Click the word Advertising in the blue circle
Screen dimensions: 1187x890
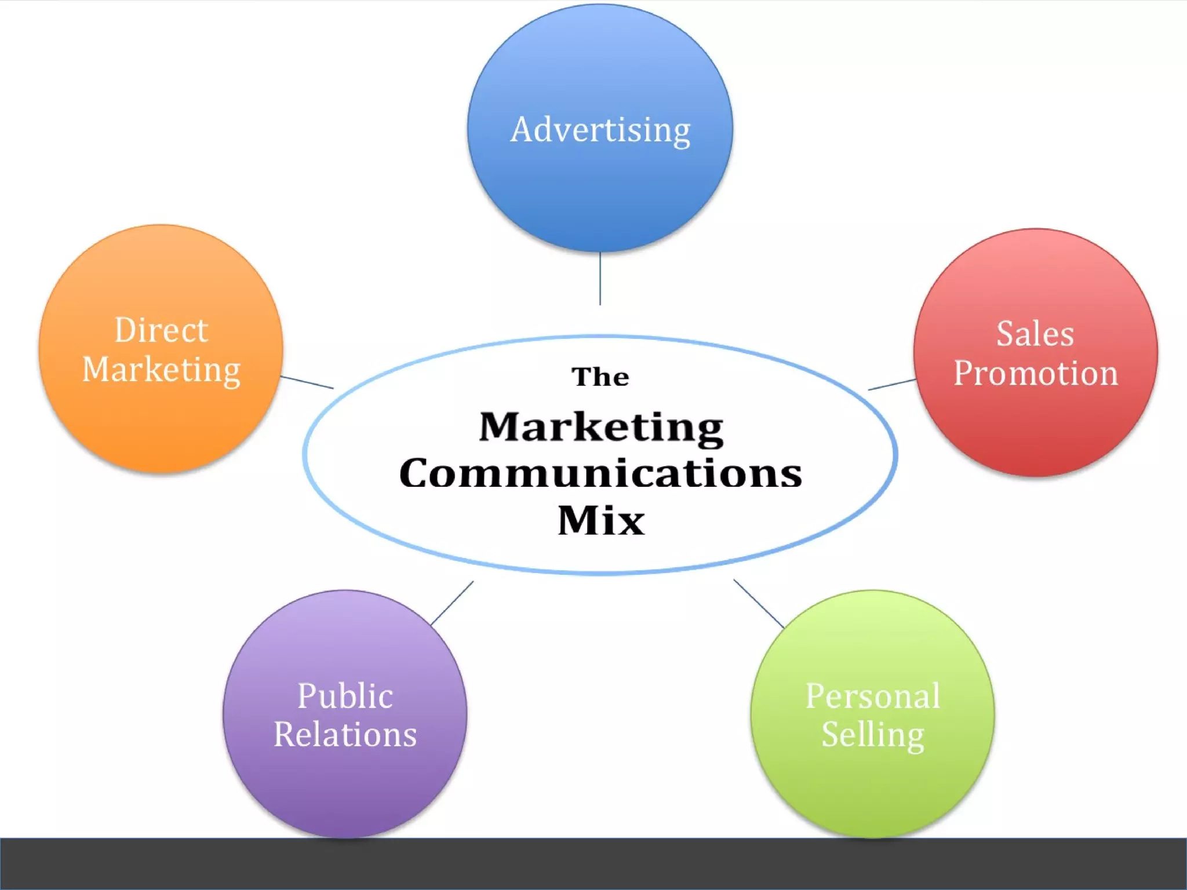tap(600, 130)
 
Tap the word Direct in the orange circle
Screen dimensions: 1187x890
tap(161, 330)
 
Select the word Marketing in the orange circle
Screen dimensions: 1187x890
tap(161, 370)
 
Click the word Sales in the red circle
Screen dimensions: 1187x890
tap(1035, 334)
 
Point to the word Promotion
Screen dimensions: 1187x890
tap(1036, 373)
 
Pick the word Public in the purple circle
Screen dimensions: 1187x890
tap(345, 695)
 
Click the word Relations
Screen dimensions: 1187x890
tap(345, 735)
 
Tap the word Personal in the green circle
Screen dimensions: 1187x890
tap(873, 695)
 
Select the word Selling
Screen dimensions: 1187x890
tap(873, 735)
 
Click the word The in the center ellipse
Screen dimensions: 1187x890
tap(600, 377)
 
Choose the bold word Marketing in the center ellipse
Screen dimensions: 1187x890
tap(601, 428)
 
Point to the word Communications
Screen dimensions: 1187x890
tap(600, 473)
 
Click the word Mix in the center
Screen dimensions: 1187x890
tap(601, 520)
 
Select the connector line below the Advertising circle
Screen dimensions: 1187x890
tap(600, 278)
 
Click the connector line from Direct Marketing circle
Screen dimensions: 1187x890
tap(307, 382)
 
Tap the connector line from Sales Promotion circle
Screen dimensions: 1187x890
tap(892, 385)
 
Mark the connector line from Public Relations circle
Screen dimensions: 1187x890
tap(452, 603)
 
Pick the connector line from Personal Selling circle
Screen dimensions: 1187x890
tap(759, 603)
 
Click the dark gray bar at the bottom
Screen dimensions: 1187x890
tap(593, 863)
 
